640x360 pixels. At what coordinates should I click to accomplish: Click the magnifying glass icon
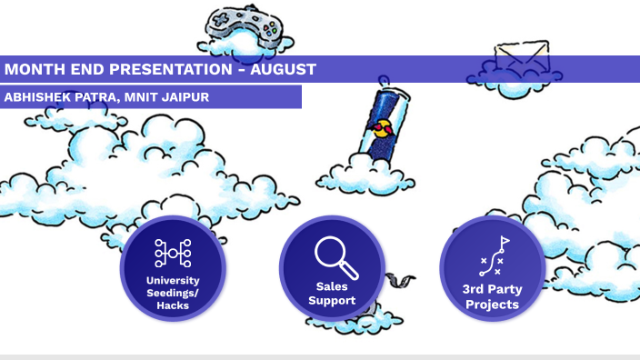335,257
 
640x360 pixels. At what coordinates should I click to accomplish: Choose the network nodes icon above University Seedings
173,254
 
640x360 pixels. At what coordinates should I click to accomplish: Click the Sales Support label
332,293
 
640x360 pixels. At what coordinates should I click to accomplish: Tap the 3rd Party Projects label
492,296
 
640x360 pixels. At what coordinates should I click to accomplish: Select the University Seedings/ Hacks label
173,293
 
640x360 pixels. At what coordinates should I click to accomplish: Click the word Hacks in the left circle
173,306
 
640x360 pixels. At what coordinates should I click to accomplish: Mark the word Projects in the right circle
492,305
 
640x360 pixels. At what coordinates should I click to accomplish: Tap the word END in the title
86,69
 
